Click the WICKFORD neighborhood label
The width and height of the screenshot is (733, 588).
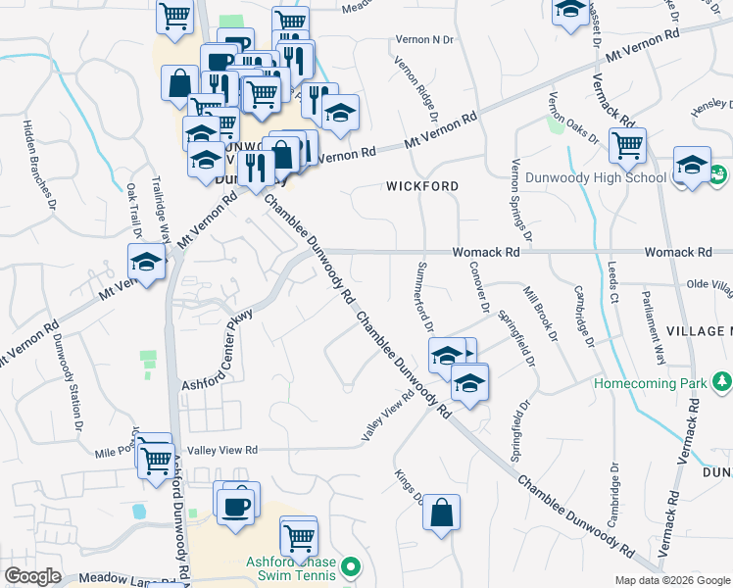[422, 185]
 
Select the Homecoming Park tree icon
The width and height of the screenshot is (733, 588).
[723, 380]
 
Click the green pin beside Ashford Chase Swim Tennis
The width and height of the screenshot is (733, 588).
[354, 567]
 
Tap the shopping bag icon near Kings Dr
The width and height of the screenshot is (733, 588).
[442, 512]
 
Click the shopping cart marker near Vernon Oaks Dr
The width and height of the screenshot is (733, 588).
[627, 146]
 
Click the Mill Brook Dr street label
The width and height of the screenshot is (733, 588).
[540, 315]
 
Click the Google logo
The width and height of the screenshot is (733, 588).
[32, 575]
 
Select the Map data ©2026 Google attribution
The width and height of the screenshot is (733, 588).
[671, 580]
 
